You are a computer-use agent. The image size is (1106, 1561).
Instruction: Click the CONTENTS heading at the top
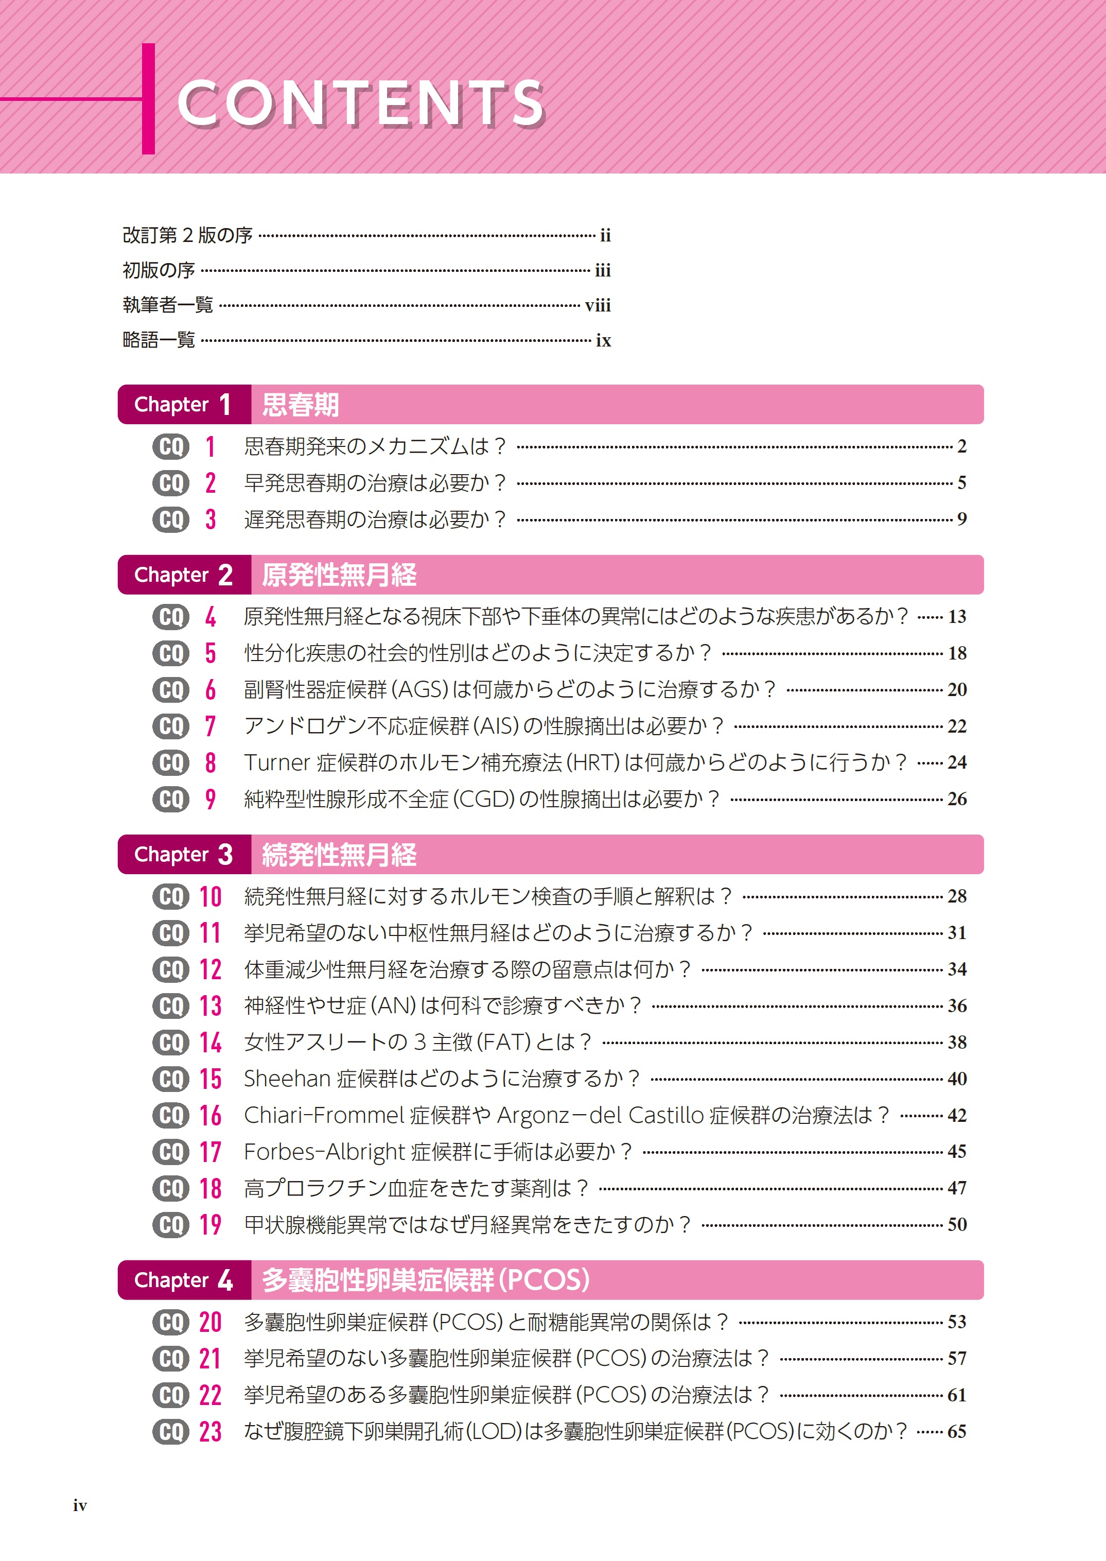coord(361,103)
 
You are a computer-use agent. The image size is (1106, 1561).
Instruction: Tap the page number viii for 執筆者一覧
coord(598,305)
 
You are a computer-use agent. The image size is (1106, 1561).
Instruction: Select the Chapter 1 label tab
coord(184,404)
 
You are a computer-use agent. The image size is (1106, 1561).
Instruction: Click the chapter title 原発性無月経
coord(339,575)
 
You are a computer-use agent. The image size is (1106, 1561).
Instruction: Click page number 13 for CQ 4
coord(957,617)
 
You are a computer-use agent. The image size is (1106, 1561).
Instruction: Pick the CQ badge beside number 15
coord(170,1079)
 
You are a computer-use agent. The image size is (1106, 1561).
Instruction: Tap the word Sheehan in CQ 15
coord(287,1079)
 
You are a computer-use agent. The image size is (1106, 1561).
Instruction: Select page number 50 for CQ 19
coord(957,1224)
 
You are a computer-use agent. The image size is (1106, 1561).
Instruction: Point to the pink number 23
coord(210,1432)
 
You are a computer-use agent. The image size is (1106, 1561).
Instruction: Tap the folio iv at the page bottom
coord(80,1506)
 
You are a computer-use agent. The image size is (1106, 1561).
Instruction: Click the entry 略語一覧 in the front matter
coord(159,339)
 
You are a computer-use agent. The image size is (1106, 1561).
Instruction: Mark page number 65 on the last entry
coord(957,1432)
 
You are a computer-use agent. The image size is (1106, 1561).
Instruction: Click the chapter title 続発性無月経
coord(339,855)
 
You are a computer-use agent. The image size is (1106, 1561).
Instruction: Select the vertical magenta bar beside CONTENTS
coord(148,99)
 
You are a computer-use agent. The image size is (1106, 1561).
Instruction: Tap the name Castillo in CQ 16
coord(665,1115)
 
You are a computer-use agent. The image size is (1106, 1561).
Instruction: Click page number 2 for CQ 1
coord(961,446)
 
